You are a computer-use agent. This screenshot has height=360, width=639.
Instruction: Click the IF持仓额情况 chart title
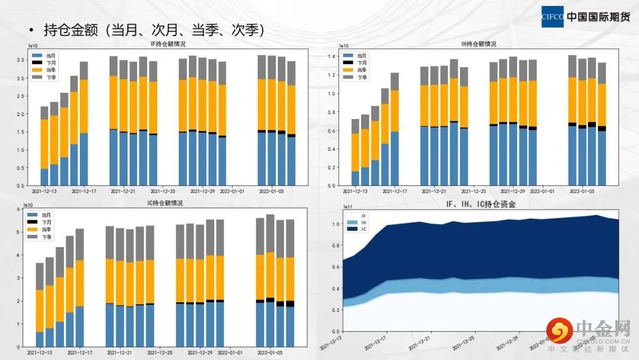[x=169, y=44]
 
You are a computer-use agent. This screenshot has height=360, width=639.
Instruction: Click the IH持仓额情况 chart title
[x=479, y=44]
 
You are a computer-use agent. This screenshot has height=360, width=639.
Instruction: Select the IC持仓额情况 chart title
[x=165, y=203]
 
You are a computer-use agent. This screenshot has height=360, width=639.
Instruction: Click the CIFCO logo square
[x=553, y=17]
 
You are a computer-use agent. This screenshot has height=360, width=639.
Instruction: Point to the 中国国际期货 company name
[x=598, y=17]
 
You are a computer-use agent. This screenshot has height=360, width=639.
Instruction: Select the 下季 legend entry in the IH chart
[x=359, y=78]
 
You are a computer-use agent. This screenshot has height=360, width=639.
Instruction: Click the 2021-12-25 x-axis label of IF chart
[x=163, y=191]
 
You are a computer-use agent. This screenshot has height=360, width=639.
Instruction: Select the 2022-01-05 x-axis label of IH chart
[x=581, y=191]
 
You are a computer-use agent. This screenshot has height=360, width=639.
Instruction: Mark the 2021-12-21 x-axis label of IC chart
[x=120, y=353]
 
